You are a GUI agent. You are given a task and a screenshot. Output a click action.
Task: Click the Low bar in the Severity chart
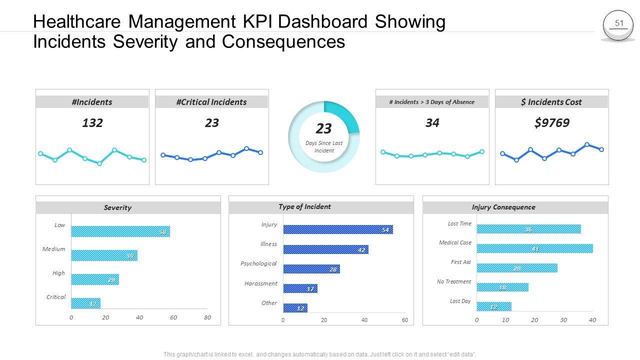(x=120, y=231)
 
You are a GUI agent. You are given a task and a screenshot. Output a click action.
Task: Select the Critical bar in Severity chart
(x=85, y=303)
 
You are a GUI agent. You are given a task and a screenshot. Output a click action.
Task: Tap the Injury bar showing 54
(x=338, y=229)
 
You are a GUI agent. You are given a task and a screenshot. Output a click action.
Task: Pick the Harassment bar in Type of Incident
(x=300, y=288)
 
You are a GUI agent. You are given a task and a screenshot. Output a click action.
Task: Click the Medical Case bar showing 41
(x=534, y=248)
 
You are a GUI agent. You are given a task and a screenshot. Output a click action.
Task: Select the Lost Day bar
(x=494, y=306)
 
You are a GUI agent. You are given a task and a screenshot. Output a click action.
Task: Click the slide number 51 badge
(x=619, y=24)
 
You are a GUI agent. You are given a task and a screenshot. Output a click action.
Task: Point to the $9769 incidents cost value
(x=551, y=123)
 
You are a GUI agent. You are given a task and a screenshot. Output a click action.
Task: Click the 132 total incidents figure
(x=92, y=123)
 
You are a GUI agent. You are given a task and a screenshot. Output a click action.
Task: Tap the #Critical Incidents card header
(x=211, y=102)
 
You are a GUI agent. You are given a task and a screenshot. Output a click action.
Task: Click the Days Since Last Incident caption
(x=324, y=147)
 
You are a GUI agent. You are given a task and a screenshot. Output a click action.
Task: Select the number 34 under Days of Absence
(x=432, y=123)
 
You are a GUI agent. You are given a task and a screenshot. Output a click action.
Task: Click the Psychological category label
(x=258, y=263)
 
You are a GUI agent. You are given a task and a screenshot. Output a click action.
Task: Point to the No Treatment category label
(x=454, y=281)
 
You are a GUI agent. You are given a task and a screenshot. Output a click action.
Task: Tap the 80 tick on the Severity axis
(x=207, y=317)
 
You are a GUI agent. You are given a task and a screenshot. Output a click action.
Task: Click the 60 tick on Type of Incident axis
(x=405, y=320)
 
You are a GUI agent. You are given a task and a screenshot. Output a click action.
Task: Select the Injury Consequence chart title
(x=503, y=207)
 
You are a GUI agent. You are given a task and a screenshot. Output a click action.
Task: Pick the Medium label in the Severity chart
(x=54, y=249)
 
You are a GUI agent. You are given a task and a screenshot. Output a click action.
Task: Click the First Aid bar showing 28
(x=517, y=268)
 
